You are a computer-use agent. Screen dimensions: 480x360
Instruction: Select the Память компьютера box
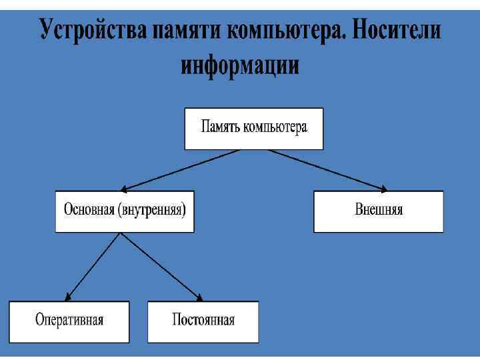(x=253, y=128)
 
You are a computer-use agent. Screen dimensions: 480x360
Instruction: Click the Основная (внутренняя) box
(x=125, y=211)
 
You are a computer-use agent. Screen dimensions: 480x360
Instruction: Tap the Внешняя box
(x=378, y=211)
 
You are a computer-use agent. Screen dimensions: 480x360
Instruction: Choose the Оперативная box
(x=69, y=321)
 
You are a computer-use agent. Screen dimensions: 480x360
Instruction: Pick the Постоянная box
(x=203, y=321)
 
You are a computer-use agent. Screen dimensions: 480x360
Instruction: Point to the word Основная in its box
(x=89, y=210)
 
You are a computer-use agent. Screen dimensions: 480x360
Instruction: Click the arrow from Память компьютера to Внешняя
(x=327, y=170)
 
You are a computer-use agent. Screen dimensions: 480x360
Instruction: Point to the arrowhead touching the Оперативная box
(x=69, y=297)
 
